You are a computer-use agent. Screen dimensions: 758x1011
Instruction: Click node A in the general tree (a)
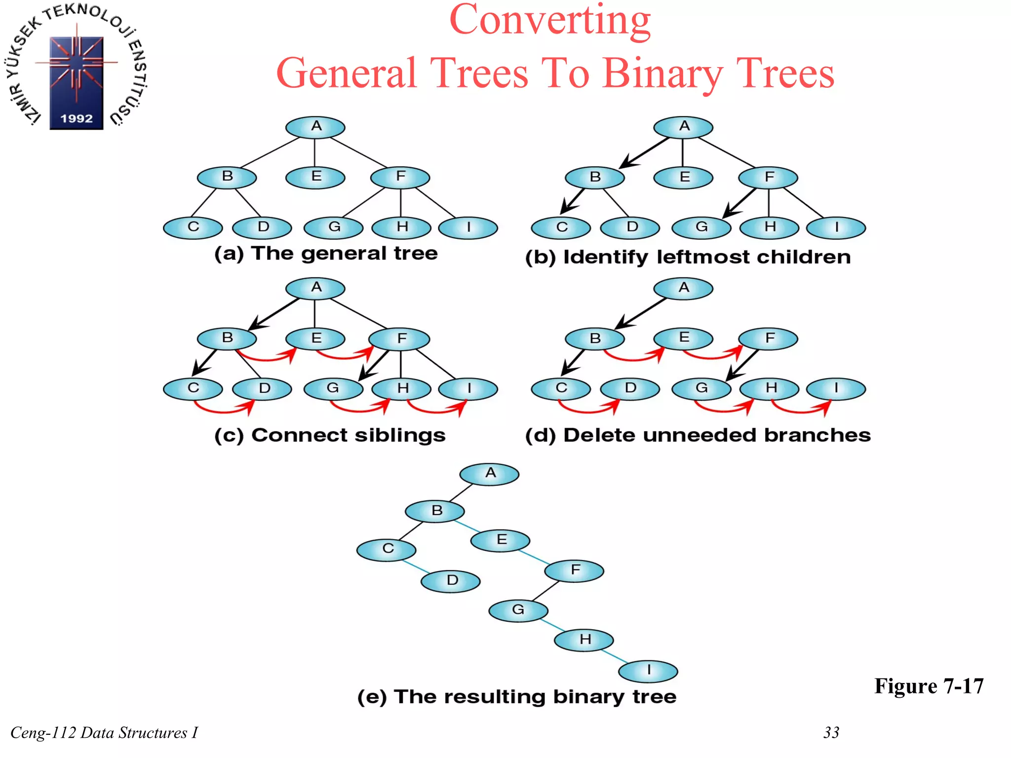[x=315, y=127]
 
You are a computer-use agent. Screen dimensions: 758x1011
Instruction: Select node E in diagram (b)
[x=683, y=177]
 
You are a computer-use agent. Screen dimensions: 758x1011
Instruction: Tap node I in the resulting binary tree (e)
[x=648, y=671]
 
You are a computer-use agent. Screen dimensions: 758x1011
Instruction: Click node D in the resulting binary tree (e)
[x=450, y=581]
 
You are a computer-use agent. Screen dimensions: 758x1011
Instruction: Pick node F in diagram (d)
[x=768, y=339]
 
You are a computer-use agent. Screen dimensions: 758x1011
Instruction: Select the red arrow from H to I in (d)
[x=800, y=410]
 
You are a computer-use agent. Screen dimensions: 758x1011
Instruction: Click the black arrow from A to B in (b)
[x=644, y=153]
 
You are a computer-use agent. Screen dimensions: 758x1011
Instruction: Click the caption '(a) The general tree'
[x=326, y=254]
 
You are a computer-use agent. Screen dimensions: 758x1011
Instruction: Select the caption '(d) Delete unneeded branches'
[x=698, y=435]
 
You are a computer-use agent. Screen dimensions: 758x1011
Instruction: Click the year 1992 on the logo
[x=77, y=119]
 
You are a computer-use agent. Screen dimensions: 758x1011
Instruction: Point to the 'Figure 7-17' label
[x=929, y=686]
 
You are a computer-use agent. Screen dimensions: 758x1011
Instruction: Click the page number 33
[x=831, y=732]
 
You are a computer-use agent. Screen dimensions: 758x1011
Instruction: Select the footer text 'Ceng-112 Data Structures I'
[x=104, y=733]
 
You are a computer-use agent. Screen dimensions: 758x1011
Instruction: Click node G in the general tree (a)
[x=334, y=227]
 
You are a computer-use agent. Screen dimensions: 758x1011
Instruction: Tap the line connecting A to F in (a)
[x=358, y=153]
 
